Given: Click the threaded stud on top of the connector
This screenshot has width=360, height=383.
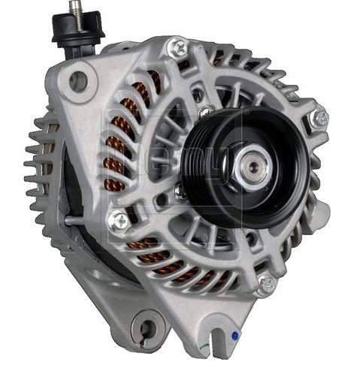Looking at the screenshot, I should click(x=75, y=10).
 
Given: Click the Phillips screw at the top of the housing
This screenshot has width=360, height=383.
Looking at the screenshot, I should click(x=177, y=48).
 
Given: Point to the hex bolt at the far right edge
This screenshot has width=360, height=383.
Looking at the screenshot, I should click(x=320, y=118).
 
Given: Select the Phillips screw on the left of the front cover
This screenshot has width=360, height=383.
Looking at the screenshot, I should click(x=119, y=220).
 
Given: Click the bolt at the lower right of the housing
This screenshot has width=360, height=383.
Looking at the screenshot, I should click(x=266, y=284).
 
